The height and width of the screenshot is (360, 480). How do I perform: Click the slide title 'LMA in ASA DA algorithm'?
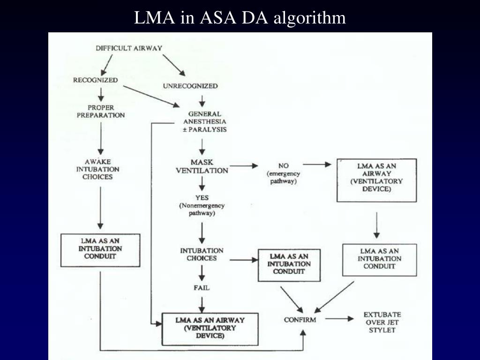pos(240,18)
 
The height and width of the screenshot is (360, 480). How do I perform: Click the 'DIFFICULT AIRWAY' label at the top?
pos(129,48)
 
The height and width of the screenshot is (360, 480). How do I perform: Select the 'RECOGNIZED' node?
pos(95,80)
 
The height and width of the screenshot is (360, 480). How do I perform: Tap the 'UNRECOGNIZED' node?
pos(190,86)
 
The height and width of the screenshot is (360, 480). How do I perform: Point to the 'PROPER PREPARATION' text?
pos(102,111)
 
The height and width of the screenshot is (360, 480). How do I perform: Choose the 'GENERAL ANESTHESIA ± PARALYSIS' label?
pos(204,121)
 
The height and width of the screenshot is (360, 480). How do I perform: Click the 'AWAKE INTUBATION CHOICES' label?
pos(98,169)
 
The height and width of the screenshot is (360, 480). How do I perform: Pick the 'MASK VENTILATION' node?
pos(202,166)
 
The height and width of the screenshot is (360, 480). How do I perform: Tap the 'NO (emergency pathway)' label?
pos(283,173)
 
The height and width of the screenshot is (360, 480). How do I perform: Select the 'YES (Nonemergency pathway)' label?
pos(202,205)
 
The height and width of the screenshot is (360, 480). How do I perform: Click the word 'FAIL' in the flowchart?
pos(202,288)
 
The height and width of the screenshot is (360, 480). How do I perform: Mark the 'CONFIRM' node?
pos(300,320)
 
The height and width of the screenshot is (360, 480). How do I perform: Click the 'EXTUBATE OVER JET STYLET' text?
pos(382,322)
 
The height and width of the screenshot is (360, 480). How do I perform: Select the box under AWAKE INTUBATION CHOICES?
pos(100,249)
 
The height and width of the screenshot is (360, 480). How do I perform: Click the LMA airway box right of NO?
pos(376,180)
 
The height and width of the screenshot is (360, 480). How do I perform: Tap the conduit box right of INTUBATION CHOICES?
pos(289,264)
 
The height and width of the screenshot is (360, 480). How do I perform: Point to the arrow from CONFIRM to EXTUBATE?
pos(339,319)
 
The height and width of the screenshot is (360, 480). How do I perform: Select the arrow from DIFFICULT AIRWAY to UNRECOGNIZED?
pos(174,65)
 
